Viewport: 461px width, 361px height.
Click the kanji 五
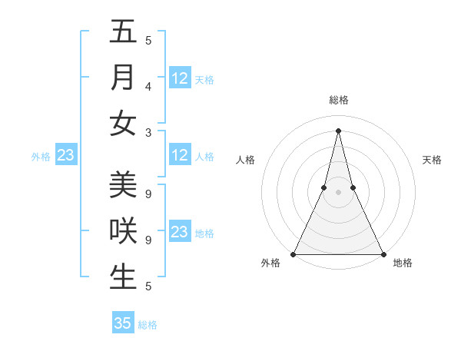(123, 32)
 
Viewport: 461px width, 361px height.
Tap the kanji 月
(123, 78)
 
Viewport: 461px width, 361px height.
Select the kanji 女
(123, 123)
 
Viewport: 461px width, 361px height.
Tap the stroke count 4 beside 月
(148, 86)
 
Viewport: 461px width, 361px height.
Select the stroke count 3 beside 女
(148, 132)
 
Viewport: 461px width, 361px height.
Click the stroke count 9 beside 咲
(148, 240)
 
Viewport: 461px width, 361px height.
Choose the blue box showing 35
(123, 323)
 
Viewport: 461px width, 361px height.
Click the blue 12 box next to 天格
(180, 78)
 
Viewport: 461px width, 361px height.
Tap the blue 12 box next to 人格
(180, 155)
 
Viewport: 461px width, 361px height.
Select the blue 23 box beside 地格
(180, 232)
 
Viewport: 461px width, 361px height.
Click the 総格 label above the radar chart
(338, 100)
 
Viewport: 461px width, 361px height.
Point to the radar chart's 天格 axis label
(432, 160)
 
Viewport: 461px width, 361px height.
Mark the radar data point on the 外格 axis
(294, 254)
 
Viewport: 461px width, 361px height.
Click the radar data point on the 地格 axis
(383, 254)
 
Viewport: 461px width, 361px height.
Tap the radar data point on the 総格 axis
(338, 131)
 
